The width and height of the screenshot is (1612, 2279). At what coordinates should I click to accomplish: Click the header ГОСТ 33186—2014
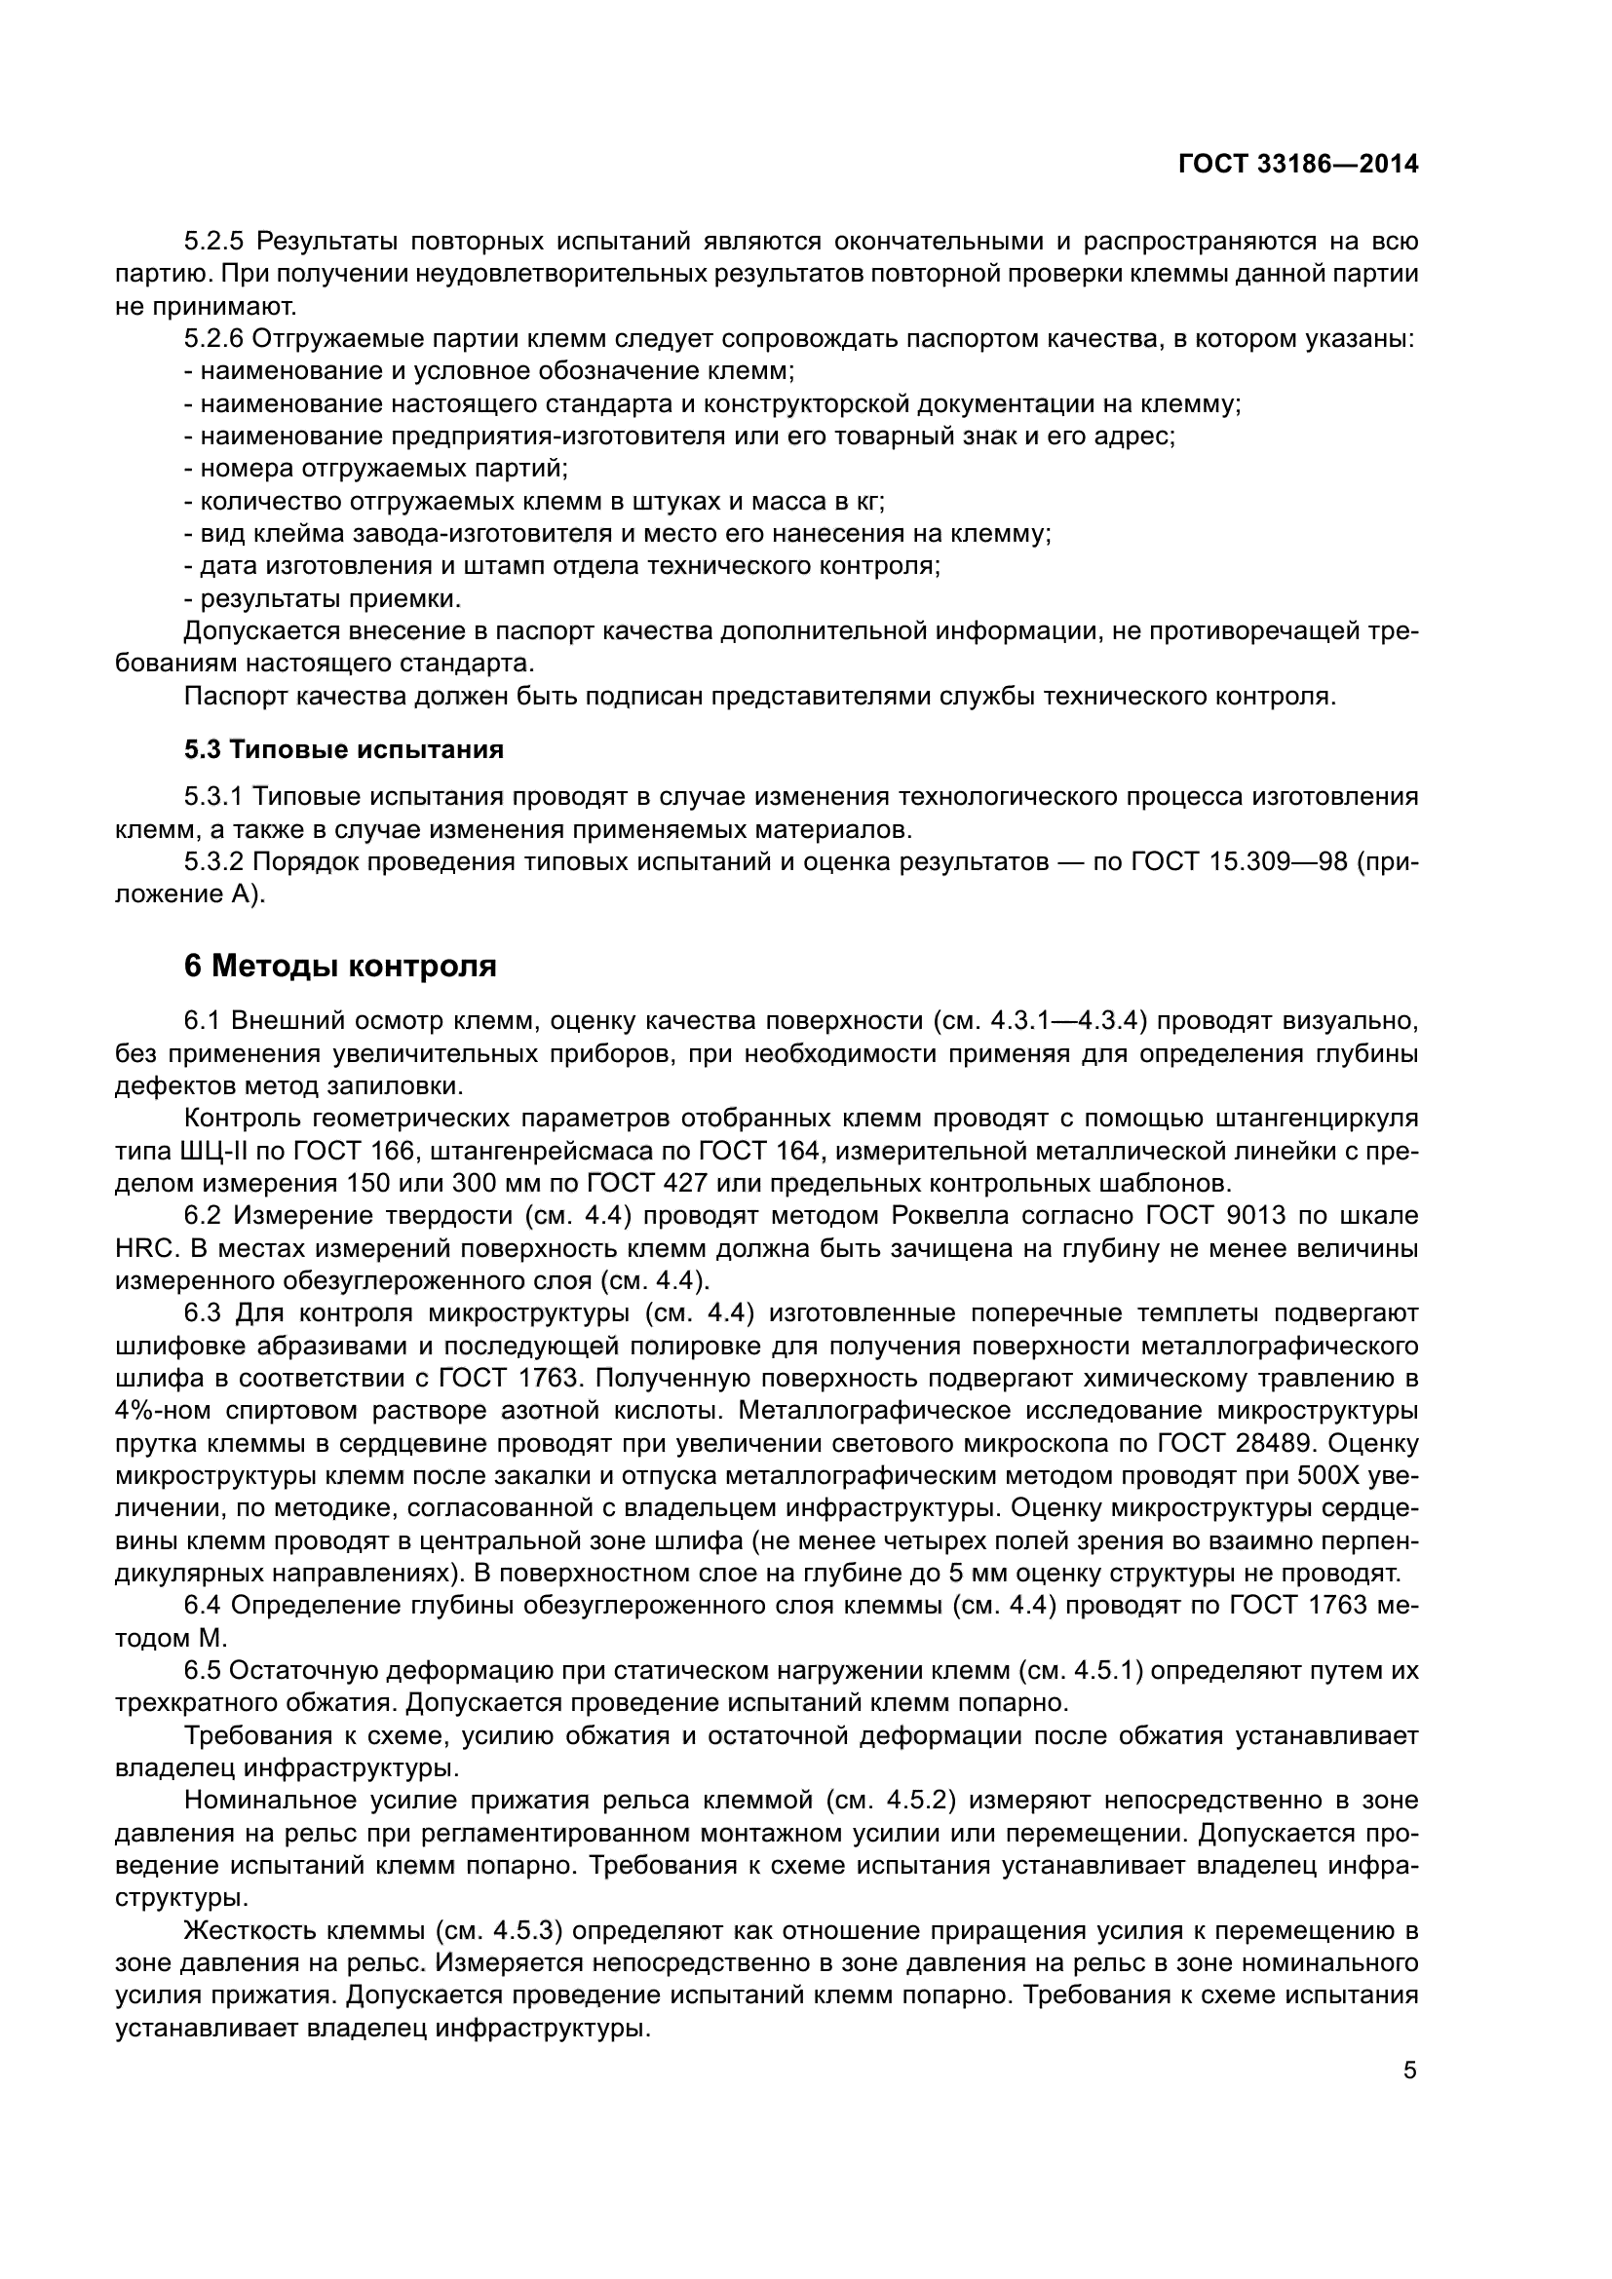click(x=1297, y=164)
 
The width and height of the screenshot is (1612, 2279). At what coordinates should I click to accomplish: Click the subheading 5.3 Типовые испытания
click(x=343, y=749)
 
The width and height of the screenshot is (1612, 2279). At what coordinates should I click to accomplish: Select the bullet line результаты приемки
click(x=322, y=598)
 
